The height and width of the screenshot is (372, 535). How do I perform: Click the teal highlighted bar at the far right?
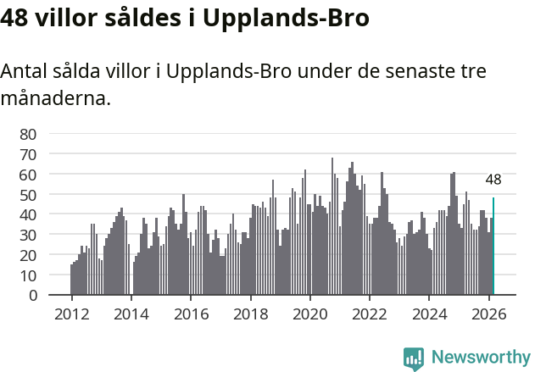click(x=493, y=247)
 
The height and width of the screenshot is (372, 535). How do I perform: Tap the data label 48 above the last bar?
click(x=493, y=180)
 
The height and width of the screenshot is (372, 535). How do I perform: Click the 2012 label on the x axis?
click(x=71, y=314)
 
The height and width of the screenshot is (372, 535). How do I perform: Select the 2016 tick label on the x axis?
click(x=191, y=314)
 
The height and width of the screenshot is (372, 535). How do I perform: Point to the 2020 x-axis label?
click(x=309, y=314)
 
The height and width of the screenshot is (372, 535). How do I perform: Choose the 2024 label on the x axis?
click(x=429, y=314)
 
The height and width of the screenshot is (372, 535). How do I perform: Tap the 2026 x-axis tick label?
click(x=488, y=314)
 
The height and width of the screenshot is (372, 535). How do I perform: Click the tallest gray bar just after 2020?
click(x=332, y=226)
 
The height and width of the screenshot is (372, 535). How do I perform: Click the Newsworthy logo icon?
click(x=414, y=358)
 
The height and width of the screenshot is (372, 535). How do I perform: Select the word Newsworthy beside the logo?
click(x=480, y=358)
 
